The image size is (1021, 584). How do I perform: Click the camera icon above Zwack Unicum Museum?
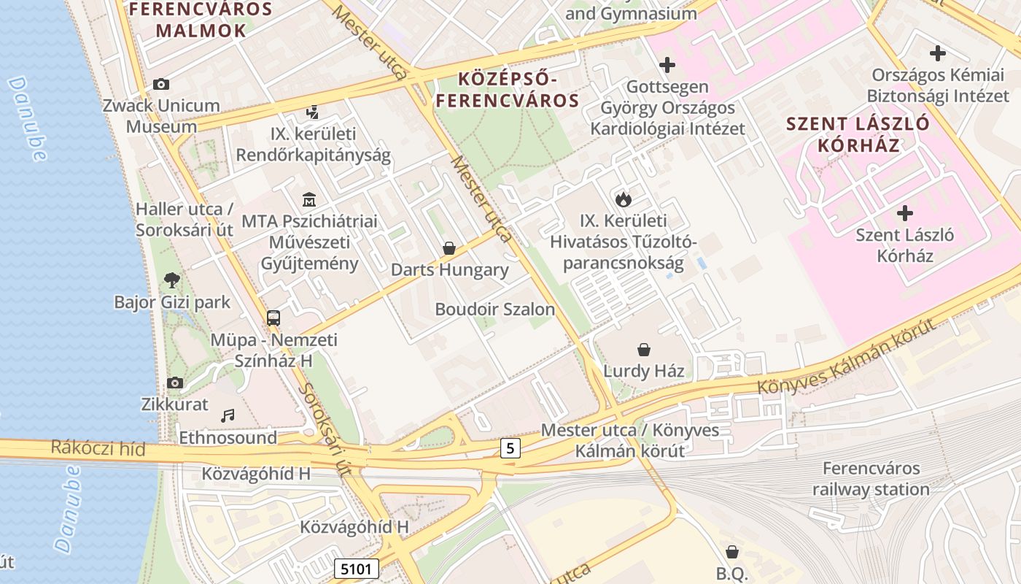(161, 85)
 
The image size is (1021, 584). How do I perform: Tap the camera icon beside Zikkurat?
(174, 383)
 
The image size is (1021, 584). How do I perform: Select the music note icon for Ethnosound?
(228, 415)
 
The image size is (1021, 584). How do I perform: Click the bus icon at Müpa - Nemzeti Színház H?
(273, 318)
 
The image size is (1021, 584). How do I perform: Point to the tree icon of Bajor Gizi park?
(172, 280)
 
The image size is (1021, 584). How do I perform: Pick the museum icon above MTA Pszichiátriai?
(309, 199)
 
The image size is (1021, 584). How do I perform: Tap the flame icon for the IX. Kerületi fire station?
(623, 199)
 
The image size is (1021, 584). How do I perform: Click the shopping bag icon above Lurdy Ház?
(643, 350)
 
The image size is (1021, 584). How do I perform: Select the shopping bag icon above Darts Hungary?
(449, 248)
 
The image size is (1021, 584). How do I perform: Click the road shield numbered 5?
(510, 447)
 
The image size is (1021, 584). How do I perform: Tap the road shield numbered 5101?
(357, 568)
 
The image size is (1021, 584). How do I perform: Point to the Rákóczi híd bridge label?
(98, 447)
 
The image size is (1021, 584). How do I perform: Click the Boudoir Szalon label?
(494, 309)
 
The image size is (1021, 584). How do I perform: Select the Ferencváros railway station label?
(871, 479)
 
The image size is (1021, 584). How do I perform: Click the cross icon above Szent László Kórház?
(905, 213)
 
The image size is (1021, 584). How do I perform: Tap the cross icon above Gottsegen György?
(667, 65)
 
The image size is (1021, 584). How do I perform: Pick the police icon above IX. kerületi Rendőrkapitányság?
(313, 112)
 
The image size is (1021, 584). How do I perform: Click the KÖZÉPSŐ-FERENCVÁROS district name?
(508, 89)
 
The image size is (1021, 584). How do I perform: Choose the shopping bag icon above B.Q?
(731, 552)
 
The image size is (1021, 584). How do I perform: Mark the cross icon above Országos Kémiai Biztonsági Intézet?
(938, 53)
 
